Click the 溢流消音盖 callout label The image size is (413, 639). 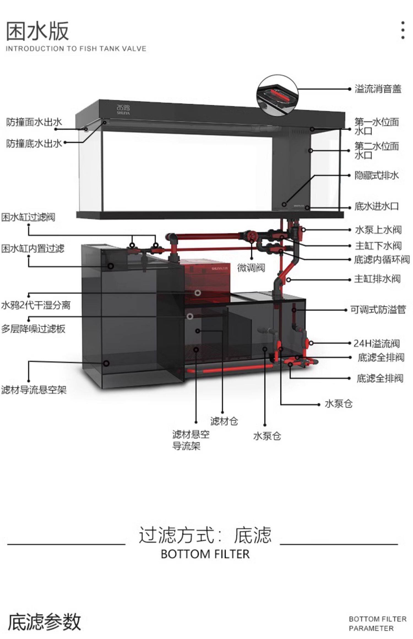click(378, 89)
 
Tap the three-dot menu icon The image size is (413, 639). click(403, 30)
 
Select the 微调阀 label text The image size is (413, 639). click(251, 267)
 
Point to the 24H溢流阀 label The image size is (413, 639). click(377, 343)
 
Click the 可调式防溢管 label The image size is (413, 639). click(378, 310)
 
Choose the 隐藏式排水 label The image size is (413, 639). click(377, 175)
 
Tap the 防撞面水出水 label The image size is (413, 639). click(34, 122)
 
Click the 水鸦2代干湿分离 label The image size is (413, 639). click(36, 305)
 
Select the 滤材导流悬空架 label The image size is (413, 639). click(34, 390)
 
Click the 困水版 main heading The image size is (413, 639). click(37, 31)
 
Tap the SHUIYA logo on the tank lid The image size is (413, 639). click(123, 109)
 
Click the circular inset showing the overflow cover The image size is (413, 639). click(278, 95)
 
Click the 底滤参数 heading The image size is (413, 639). click(44, 621)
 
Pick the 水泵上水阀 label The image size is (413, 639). click(378, 230)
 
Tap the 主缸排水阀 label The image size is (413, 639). click(377, 279)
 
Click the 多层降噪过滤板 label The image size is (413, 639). click(33, 329)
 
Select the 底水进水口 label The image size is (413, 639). click(377, 206)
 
